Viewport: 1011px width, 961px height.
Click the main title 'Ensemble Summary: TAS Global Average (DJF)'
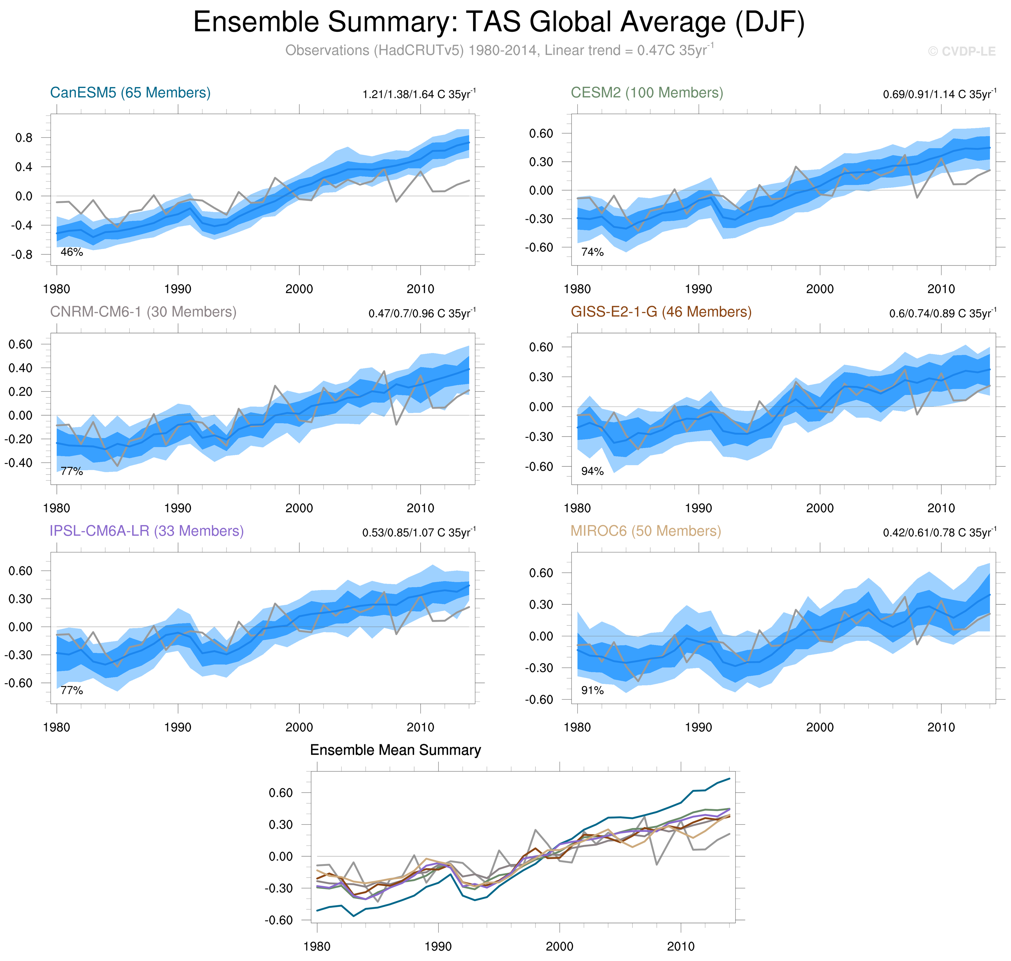coord(498,23)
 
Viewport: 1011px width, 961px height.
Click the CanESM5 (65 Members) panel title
coord(130,93)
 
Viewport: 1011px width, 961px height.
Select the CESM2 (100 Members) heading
coord(647,93)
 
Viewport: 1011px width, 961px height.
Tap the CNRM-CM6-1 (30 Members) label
coord(143,312)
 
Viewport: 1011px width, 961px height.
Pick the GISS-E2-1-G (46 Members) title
coord(661,312)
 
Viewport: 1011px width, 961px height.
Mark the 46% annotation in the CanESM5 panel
coord(72,252)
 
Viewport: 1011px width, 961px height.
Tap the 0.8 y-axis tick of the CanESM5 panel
coord(23,138)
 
